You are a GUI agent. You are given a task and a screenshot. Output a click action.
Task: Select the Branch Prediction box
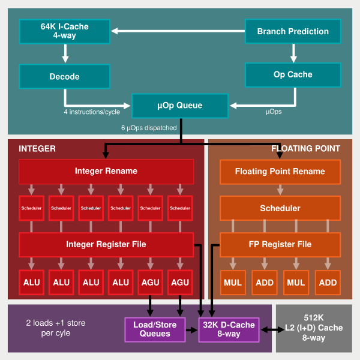pos(293,31)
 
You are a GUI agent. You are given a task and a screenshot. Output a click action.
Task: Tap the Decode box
pos(64,76)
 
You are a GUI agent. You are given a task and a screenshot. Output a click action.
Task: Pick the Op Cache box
pos(293,74)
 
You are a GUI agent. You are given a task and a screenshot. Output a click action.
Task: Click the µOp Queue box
pos(180,106)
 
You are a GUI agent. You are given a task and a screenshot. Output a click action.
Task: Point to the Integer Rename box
pos(106,172)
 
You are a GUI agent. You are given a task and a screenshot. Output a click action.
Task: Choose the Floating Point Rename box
pos(280,172)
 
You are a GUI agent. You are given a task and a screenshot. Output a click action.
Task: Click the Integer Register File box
pos(106,244)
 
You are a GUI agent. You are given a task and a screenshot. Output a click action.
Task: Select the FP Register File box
pos(280,244)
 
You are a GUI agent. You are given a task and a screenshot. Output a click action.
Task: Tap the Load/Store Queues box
pos(155,329)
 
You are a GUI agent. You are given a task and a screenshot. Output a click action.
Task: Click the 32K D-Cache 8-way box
pos(228,329)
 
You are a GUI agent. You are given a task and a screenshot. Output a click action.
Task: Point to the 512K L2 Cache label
pos(313,329)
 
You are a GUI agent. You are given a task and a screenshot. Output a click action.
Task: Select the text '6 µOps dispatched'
pos(149,128)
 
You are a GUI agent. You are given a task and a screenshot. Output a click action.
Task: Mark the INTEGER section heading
pos(37,148)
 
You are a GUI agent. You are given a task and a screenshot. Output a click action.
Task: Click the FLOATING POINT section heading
pos(305,148)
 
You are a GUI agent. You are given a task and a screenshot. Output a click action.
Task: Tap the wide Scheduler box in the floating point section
pos(280,208)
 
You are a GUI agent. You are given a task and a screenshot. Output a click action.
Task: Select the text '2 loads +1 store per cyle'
pos(55,328)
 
